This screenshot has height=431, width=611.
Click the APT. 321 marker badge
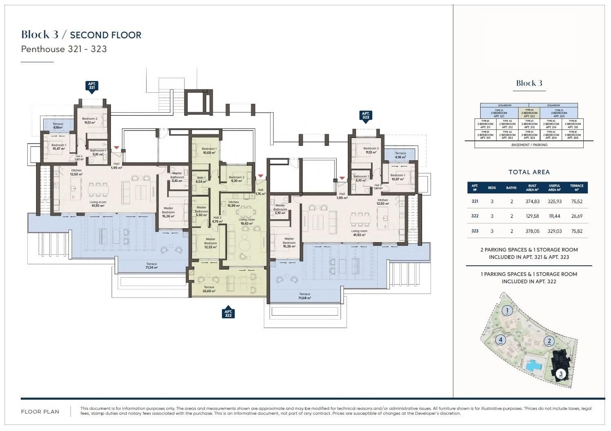(92, 86)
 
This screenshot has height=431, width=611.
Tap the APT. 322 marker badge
(229, 313)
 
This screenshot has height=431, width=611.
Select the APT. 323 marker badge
(365, 116)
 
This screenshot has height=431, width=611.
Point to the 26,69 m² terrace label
(209, 289)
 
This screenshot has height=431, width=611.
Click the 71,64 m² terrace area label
(304, 296)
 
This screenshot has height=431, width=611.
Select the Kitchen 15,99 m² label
(233, 204)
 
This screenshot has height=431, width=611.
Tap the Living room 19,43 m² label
(247, 221)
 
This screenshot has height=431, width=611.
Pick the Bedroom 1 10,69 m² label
(209, 151)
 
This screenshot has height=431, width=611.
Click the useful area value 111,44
(554, 216)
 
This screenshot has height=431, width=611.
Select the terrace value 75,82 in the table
(577, 231)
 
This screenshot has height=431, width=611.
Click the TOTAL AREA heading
(529, 172)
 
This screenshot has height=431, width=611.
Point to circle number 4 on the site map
(501, 340)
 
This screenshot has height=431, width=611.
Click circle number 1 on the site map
(507, 311)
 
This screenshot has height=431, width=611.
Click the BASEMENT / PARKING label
(529, 145)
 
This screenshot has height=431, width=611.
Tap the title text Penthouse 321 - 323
(64, 49)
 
